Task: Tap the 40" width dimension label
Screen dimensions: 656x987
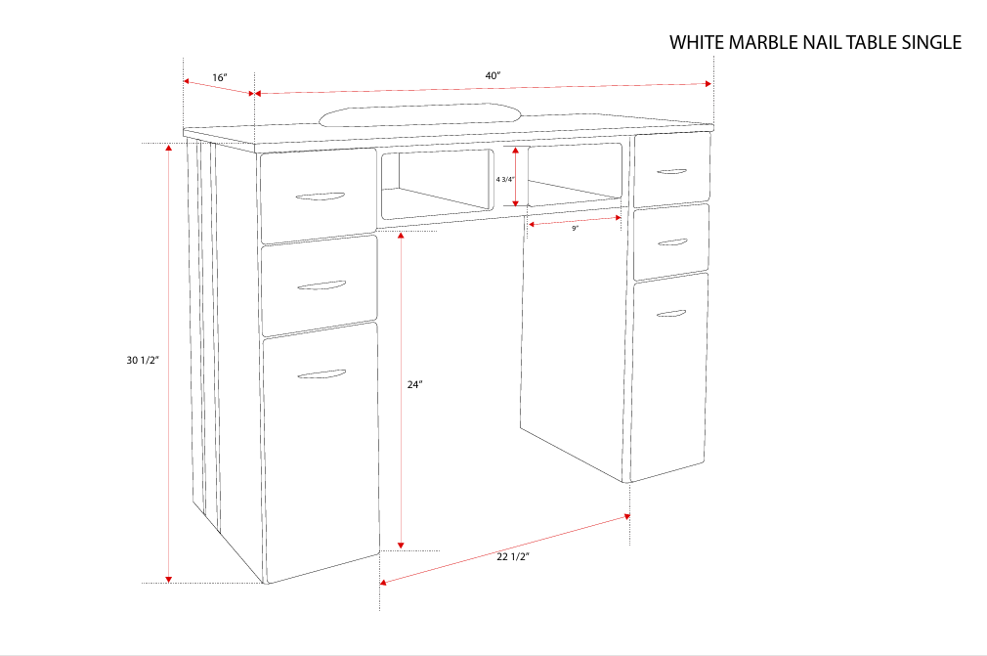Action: pyautogui.click(x=493, y=76)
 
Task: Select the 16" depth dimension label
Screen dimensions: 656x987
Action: pyautogui.click(x=219, y=77)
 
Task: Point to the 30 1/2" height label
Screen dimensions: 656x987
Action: pyautogui.click(x=143, y=361)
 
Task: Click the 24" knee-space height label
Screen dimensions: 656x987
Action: pyautogui.click(x=414, y=385)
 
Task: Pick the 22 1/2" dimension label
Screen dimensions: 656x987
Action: pyautogui.click(x=512, y=557)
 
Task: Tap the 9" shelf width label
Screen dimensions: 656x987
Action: pyautogui.click(x=576, y=228)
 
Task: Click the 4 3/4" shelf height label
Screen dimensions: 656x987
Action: pyautogui.click(x=504, y=179)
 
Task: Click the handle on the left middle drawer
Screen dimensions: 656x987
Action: pyautogui.click(x=321, y=286)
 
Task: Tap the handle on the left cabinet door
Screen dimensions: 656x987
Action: pyautogui.click(x=322, y=374)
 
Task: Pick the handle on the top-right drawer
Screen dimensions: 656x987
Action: pyautogui.click(x=671, y=172)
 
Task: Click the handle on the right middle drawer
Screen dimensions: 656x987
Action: pyautogui.click(x=671, y=241)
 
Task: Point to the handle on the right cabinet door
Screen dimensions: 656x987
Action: pyautogui.click(x=670, y=314)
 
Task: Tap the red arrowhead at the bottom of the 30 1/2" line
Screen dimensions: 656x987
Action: pyautogui.click(x=169, y=578)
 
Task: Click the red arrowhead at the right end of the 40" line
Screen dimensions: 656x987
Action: pyautogui.click(x=708, y=84)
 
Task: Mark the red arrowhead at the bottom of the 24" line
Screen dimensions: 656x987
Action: pyautogui.click(x=400, y=545)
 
